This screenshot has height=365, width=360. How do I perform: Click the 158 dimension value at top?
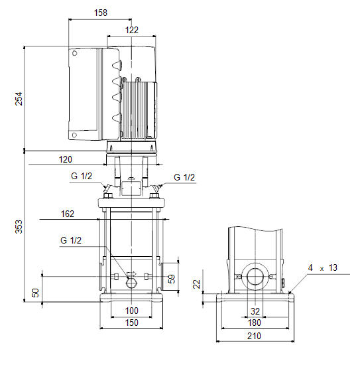pos(101,13)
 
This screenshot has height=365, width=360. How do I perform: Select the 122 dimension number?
pos(132,30)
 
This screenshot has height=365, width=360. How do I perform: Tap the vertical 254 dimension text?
pos(19,99)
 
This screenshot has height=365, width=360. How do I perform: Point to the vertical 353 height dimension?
pos(19,226)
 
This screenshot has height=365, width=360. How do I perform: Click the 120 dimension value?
pos(66,159)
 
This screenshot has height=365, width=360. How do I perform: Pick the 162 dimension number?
pos(68,214)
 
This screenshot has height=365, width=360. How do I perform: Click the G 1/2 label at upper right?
pos(184,177)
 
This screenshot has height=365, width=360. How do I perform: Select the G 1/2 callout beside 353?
pos(71,240)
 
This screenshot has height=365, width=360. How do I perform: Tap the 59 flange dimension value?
pos(172,279)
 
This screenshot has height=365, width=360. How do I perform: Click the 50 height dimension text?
pos(35,293)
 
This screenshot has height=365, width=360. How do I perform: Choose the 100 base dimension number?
pos(132,311)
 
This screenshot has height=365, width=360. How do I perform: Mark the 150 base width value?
pos(132,323)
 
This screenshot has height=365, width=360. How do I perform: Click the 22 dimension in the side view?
pos(197,284)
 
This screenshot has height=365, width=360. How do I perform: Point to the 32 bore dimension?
pos(255,311)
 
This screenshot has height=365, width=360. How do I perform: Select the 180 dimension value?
pos(254,323)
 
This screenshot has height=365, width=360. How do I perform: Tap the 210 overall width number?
pos(254,336)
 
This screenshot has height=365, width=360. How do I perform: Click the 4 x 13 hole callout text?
pos(323,267)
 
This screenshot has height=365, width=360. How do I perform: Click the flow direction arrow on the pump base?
pos(132,274)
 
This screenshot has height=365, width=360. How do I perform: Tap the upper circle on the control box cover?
pos(75,53)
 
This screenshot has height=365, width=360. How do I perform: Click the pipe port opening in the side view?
pos(255,276)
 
